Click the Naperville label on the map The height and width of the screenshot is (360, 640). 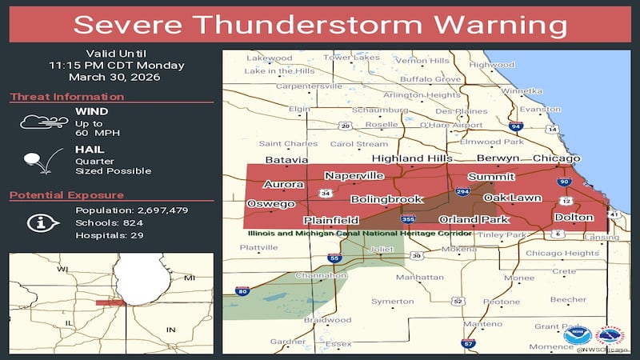354,175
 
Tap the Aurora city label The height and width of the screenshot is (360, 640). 284,184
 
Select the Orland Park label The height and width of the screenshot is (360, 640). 474,219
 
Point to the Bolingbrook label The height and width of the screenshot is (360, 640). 386,199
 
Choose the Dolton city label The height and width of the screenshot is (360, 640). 574,218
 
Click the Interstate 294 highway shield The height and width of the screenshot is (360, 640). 462,193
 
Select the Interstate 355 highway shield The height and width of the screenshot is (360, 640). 408,219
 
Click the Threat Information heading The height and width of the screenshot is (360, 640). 66,97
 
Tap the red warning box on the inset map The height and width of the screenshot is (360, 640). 110,302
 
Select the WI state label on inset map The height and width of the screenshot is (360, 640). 62,270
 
